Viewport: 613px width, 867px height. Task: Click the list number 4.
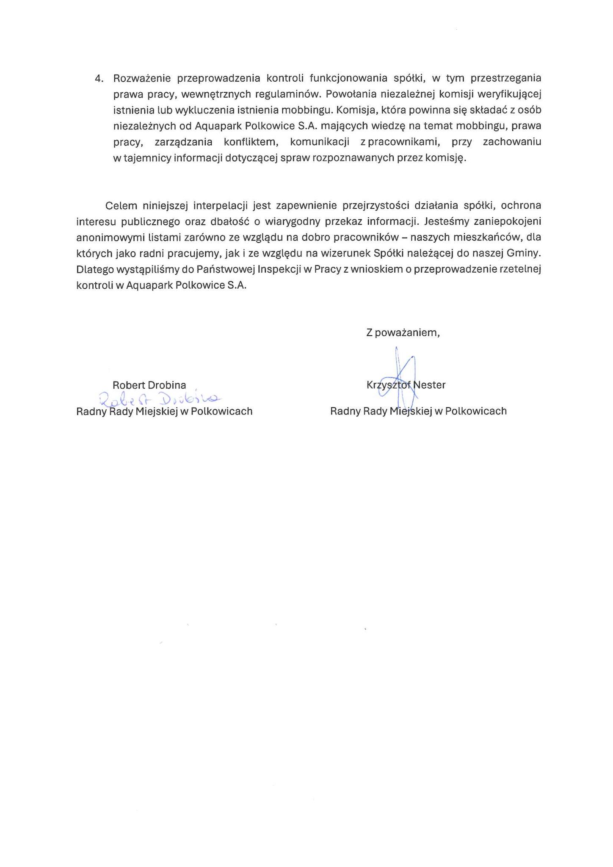[99, 79]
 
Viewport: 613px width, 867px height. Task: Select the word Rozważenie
[142, 79]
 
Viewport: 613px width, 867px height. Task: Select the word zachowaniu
[512, 142]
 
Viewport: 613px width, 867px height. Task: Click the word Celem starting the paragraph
[121, 206]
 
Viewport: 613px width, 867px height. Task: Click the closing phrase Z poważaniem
[403, 333]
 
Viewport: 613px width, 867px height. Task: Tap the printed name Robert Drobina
[149, 386]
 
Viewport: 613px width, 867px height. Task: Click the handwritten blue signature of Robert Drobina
[159, 398]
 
